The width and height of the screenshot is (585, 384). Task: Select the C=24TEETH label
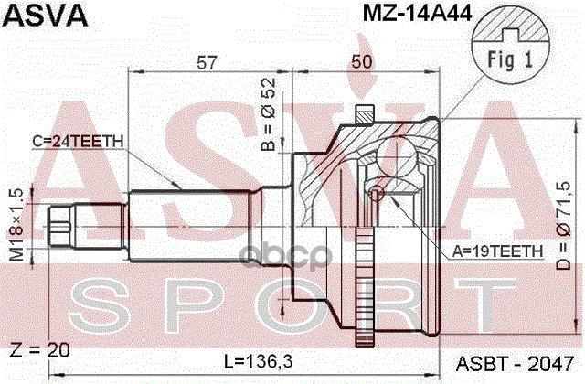point(78,141)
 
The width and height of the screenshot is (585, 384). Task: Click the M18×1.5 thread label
point(16,225)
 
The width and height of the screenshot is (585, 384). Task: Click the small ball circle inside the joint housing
point(375,193)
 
